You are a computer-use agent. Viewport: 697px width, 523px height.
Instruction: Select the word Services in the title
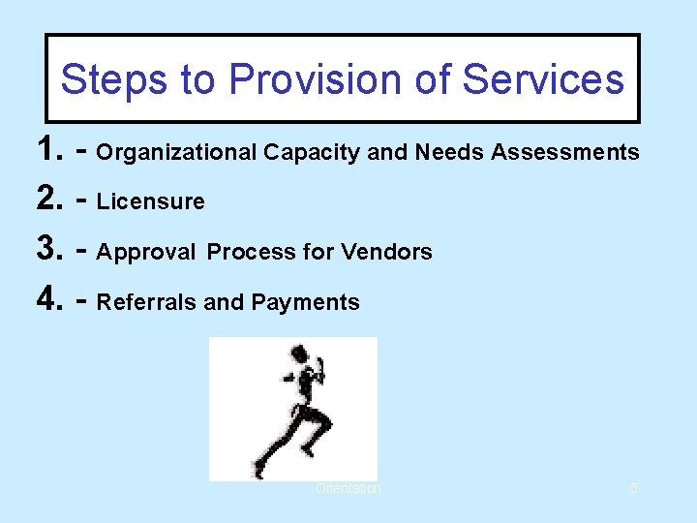click(543, 79)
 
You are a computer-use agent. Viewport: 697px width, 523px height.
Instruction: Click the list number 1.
click(48, 150)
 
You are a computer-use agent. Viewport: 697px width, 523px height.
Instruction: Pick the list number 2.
click(48, 200)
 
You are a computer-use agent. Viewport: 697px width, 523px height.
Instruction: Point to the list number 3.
click(48, 251)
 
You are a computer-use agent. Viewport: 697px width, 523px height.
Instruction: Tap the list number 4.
click(48, 301)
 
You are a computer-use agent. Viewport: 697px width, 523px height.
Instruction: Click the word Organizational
click(177, 153)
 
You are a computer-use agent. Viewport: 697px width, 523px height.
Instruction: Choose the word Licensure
click(151, 202)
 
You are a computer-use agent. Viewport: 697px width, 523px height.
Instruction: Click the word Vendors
click(385, 253)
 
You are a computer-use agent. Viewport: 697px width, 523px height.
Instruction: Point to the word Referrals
click(147, 303)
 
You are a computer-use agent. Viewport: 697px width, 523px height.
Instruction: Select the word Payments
click(305, 303)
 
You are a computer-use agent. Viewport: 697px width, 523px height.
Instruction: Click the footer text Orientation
click(348, 489)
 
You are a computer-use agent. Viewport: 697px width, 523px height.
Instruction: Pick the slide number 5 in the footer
click(633, 489)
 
